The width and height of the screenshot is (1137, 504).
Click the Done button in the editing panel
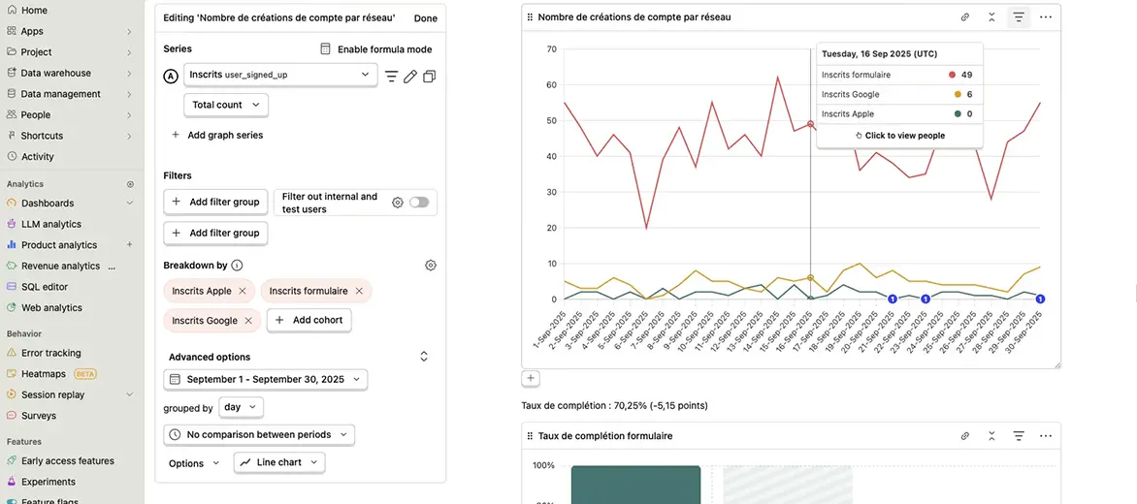pyautogui.click(x=425, y=18)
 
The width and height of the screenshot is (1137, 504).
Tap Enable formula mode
pyautogui.click(x=375, y=49)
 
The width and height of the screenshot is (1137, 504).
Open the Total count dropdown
pyautogui.click(x=226, y=105)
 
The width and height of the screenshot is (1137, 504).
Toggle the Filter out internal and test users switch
pyautogui.click(x=418, y=203)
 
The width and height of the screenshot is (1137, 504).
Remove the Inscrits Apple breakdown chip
pyautogui.click(x=243, y=291)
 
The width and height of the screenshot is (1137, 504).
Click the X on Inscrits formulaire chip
pyautogui.click(x=359, y=291)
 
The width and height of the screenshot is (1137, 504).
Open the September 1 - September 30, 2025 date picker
pyautogui.click(x=265, y=380)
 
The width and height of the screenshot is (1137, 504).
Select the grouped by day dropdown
pyautogui.click(x=241, y=408)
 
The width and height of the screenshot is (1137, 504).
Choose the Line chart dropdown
pyautogui.click(x=279, y=463)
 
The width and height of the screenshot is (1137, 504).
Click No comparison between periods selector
pyautogui.click(x=259, y=435)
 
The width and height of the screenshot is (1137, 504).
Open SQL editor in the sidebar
pyautogui.click(x=45, y=287)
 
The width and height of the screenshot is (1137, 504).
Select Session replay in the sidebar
pyautogui.click(x=52, y=394)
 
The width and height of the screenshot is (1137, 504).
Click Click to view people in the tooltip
pyautogui.click(x=899, y=136)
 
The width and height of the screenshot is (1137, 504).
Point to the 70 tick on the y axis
pyautogui.click(x=551, y=49)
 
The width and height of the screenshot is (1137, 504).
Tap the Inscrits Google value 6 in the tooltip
pyautogui.click(x=969, y=94)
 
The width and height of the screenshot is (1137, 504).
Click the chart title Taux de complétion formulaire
pyautogui.click(x=604, y=436)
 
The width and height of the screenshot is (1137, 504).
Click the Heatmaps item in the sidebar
pyautogui.click(x=43, y=374)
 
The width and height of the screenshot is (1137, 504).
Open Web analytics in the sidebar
pyautogui.click(x=51, y=308)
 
